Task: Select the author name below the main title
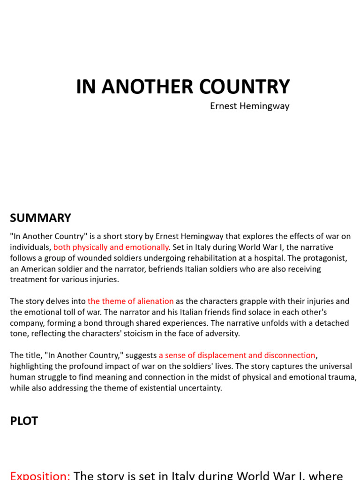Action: point(249,106)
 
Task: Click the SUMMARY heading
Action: point(41,218)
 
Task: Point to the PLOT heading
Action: point(24,421)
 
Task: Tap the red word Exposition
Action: point(40,475)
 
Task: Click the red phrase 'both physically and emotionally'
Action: point(111,247)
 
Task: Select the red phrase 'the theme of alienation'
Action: point(131,301)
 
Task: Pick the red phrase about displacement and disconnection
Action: point(237,355)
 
